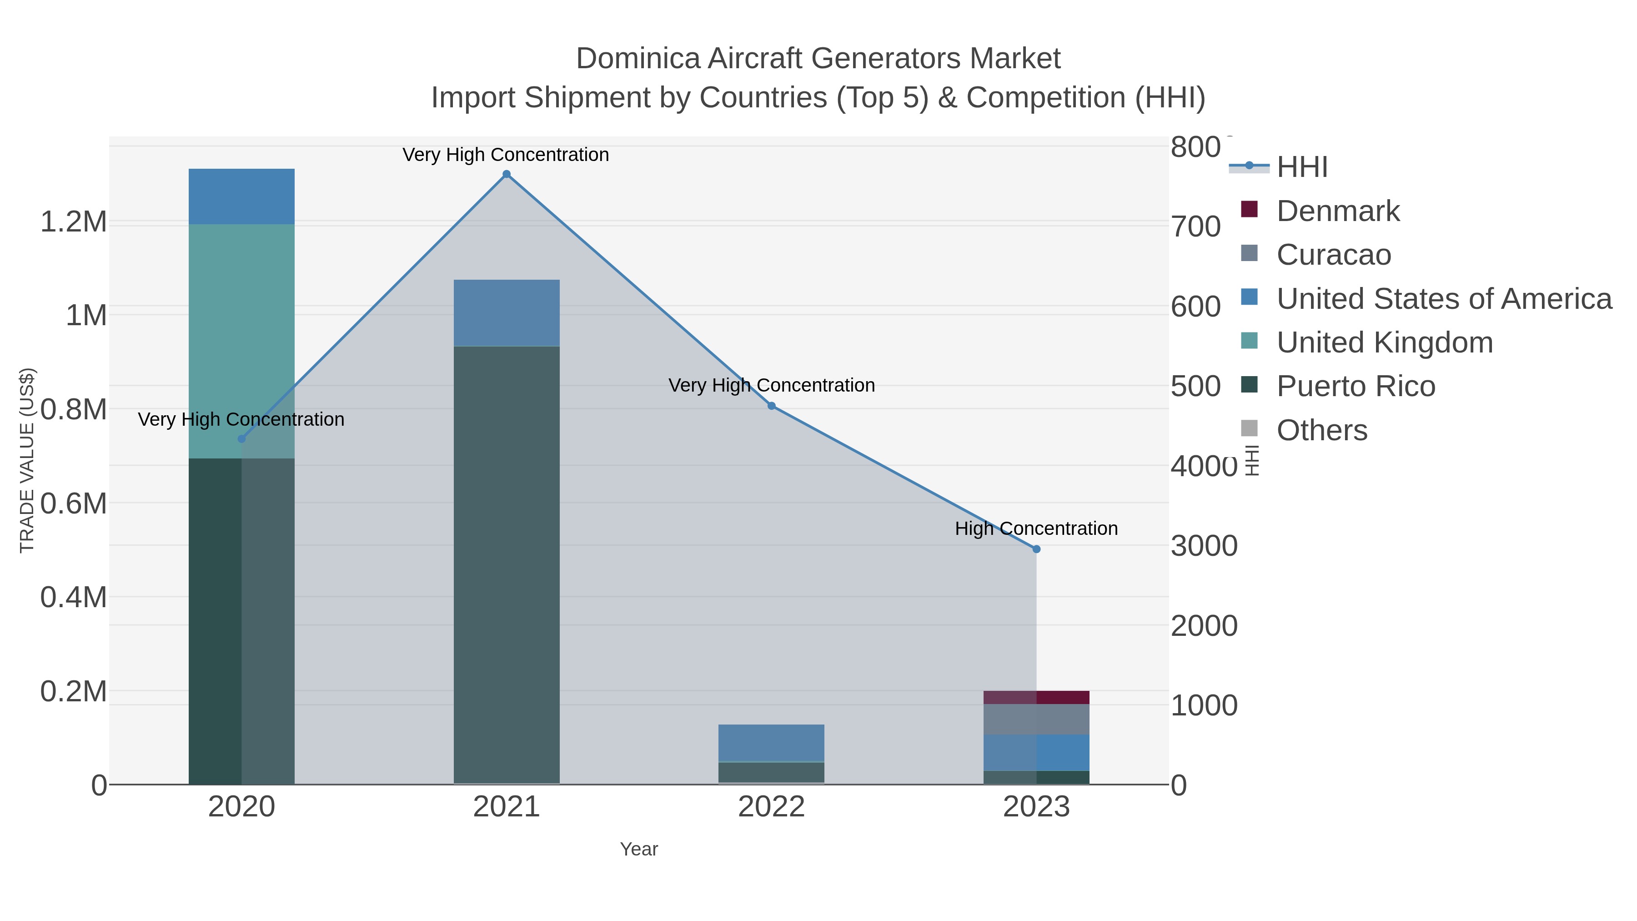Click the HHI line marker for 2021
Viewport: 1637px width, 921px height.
[x=507, y=174]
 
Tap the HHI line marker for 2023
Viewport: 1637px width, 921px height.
[x=1036, y=549]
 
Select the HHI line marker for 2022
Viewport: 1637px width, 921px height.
[x=772, y=406]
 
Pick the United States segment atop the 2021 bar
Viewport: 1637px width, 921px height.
[x=507, y=313]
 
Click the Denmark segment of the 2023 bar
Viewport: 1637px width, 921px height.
[x=1036, y=697]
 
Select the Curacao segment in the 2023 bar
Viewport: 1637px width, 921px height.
[x=1036, y=720]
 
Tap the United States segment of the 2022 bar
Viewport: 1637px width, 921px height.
[x=772, y=742]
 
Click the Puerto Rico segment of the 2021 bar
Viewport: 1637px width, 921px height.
[x=507, y=566]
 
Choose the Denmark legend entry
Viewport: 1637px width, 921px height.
[x=1338, y=211]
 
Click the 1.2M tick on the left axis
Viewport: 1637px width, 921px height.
[x=73, y=222]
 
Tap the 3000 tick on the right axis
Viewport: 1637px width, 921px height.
[x=1204, y=546]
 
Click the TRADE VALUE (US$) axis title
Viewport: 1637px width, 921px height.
[x=27, y=460]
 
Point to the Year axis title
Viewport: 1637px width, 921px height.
[x=639, y=849]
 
